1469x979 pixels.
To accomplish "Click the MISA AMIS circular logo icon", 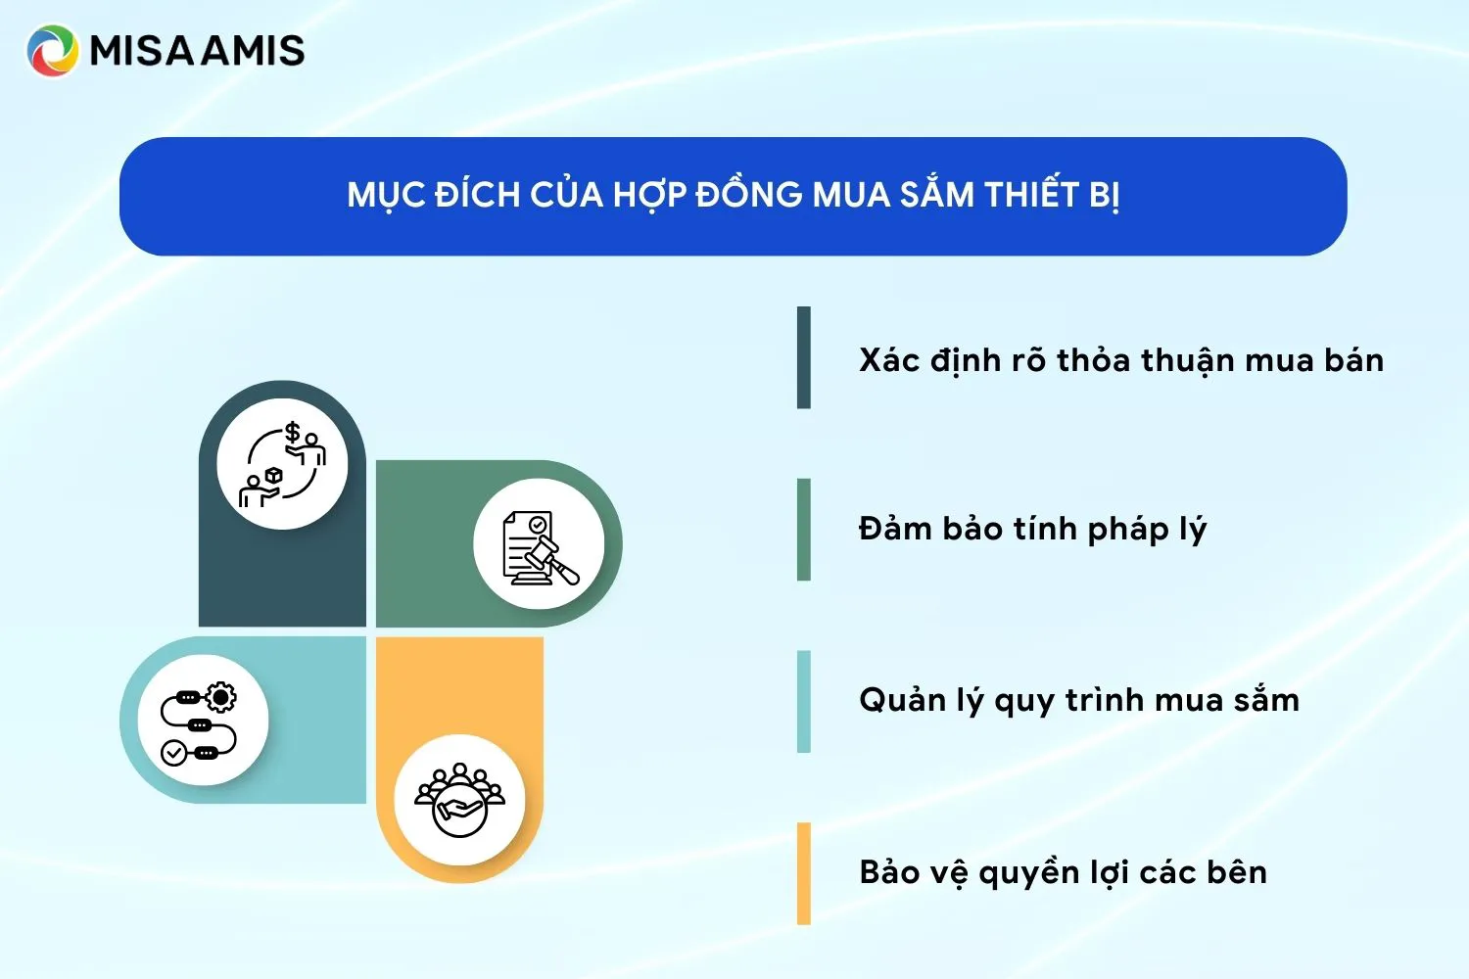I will (52, 51).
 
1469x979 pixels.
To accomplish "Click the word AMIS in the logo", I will (253, 51).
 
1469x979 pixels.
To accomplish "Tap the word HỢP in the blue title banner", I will (650, 195).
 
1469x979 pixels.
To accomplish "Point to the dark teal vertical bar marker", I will (804, 357).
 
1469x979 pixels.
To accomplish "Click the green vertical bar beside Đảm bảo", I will (804, 530).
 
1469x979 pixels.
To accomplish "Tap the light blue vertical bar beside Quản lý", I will (804, 701).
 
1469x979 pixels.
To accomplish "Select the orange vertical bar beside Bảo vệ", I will (804, 873).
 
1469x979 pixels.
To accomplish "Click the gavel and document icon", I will (539, 545).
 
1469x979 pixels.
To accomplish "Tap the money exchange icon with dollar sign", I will (283, 465).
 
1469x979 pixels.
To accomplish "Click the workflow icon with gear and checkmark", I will (202, 722).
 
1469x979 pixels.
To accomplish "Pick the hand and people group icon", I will (459, 800).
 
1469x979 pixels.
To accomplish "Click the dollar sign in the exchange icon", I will (292, 432).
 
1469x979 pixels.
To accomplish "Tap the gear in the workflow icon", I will (221, 697).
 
